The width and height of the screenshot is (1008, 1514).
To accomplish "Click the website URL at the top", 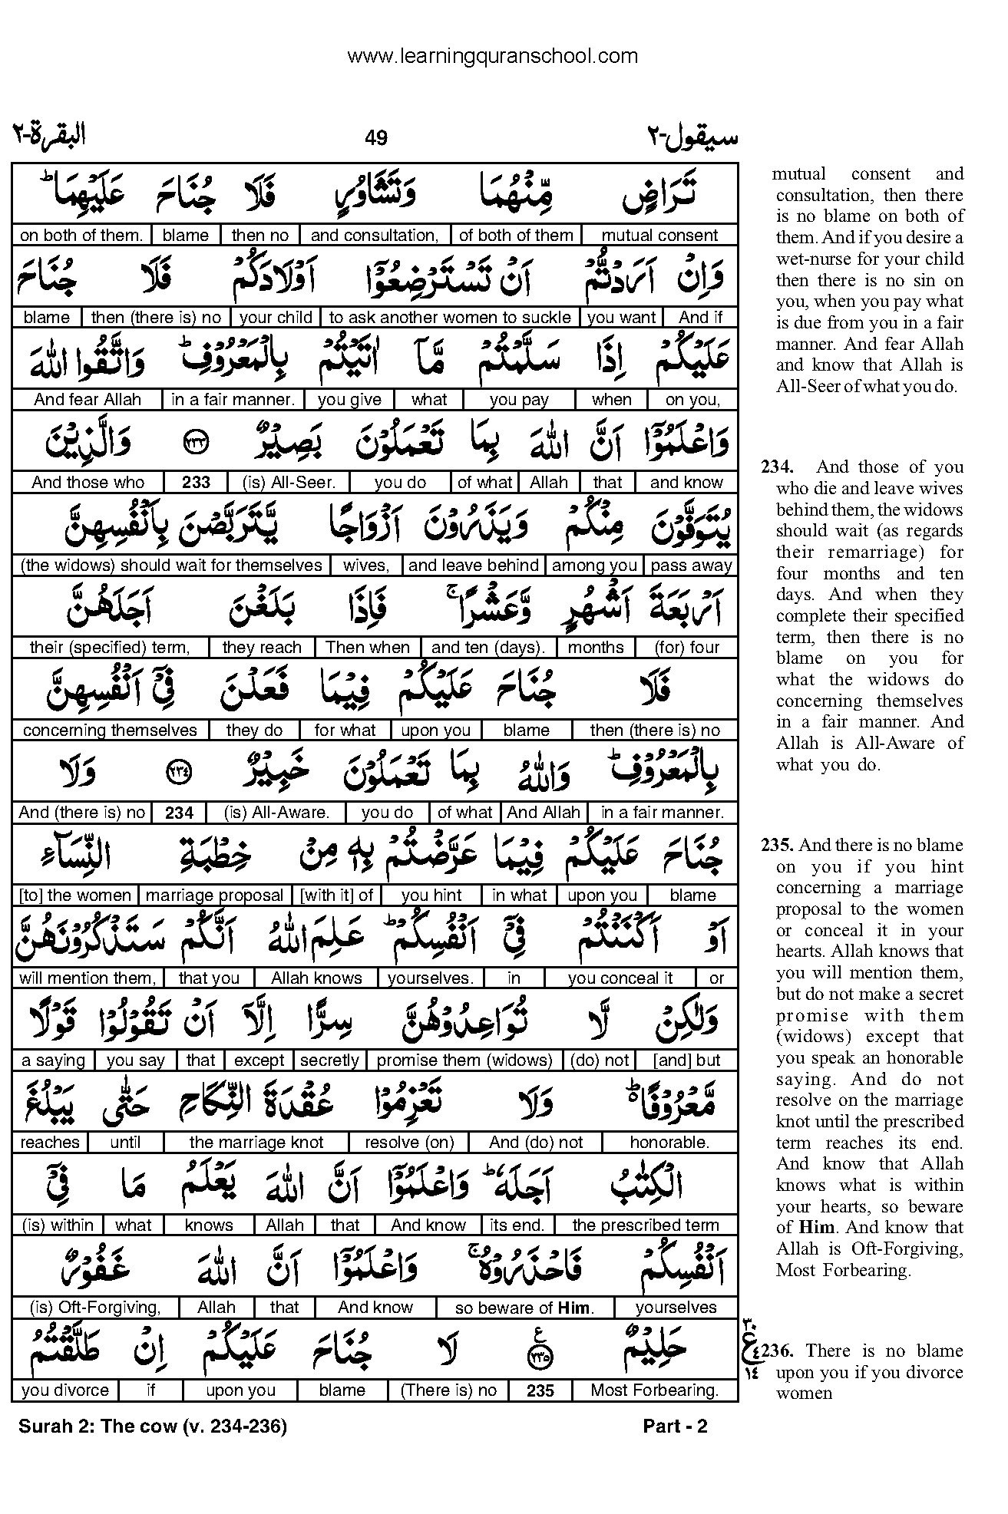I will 492,56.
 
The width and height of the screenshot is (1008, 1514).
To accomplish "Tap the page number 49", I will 376,138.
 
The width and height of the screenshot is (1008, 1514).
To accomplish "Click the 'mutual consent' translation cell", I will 659,236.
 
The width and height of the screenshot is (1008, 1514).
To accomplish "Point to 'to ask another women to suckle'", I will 450,318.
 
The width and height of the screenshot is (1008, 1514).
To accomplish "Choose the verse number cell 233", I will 197,483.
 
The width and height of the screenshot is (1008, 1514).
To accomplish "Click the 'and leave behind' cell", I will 474,566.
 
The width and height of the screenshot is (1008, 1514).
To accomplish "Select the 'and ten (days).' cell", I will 488,648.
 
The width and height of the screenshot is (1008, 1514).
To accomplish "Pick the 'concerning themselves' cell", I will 110,731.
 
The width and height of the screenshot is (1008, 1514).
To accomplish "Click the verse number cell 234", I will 179,813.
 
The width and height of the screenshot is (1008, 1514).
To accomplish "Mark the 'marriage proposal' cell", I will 215,896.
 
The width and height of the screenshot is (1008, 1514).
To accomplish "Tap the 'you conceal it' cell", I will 620,978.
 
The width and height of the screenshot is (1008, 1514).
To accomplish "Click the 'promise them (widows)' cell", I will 465,1060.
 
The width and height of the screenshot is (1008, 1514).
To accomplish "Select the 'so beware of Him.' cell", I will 524,1308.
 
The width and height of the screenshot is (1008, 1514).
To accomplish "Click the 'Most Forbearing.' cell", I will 655,1390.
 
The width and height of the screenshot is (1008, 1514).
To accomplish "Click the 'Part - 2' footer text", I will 675,1427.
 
